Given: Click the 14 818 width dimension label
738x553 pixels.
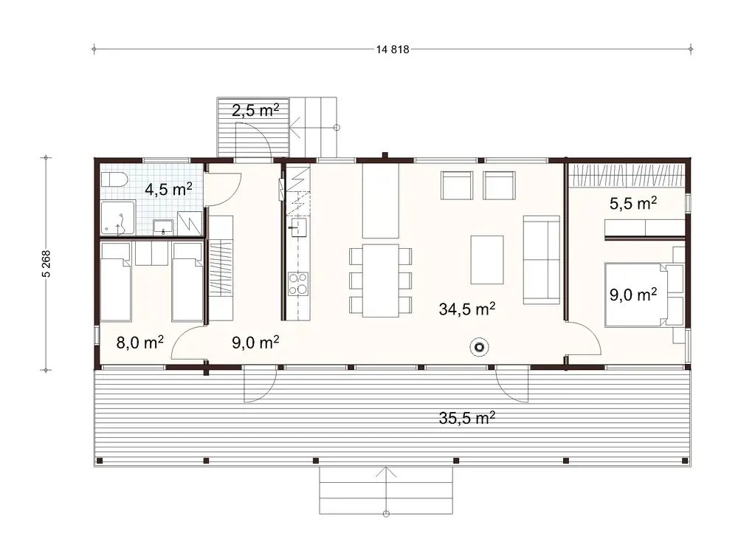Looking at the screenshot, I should click(393, 49).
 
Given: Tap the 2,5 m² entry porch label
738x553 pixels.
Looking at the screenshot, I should click(255, 111).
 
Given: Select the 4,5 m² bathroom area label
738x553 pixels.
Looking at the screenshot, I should click(168, 189).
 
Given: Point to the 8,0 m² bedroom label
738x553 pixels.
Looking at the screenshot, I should click(139, 342).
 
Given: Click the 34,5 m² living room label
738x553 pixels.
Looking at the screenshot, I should click(466, 309).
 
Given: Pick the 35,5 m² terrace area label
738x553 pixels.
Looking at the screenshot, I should click(466, 418).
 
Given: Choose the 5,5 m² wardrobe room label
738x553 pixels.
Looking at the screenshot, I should click(632, 202).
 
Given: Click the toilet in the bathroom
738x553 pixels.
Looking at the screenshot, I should click(114, 181).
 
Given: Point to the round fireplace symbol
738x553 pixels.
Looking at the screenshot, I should click(481, 346).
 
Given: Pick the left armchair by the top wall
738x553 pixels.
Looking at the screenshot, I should click(455, 185).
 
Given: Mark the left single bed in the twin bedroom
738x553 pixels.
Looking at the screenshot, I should click(116, 284).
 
